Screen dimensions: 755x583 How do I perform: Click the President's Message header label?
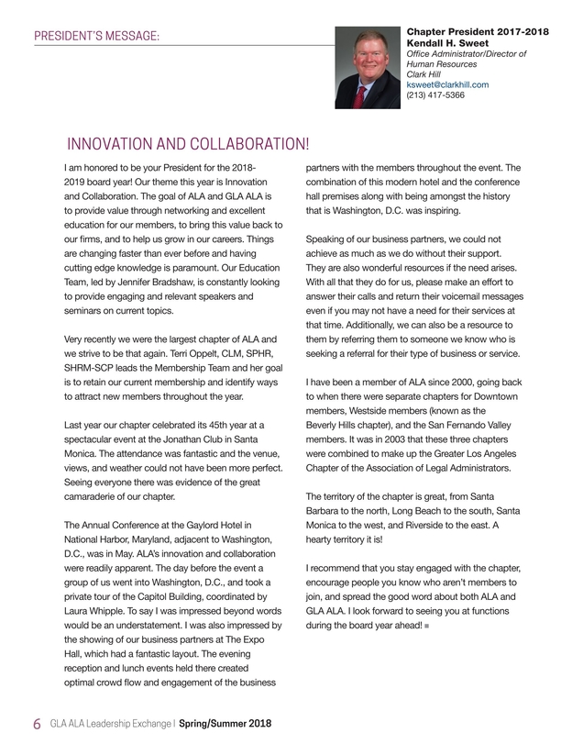tap(96, 36)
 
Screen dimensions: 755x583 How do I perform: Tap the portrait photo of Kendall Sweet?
tap(368, 69)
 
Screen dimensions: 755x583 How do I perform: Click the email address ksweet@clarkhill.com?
tap(447, 84)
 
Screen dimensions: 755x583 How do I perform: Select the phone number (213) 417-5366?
tap(435, 94)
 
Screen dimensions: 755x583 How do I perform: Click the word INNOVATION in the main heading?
tap(115, 144)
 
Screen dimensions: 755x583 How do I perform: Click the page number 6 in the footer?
tap(37, 723)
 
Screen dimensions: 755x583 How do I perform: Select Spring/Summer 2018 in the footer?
tap(225, 723)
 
